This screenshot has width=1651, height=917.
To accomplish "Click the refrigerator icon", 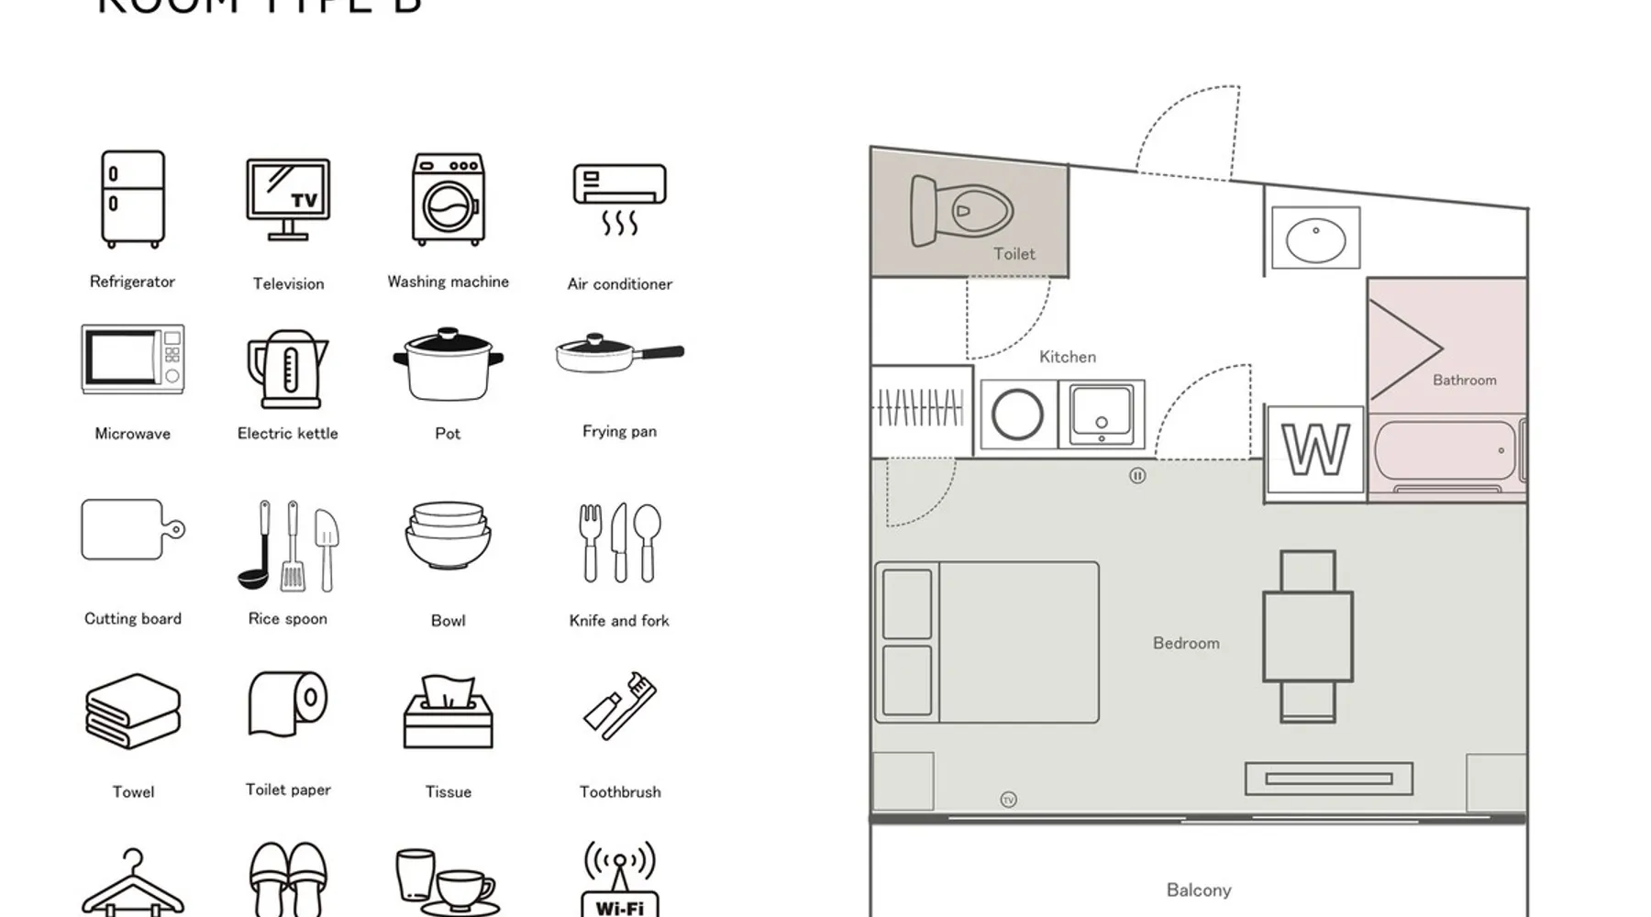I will (133, 199).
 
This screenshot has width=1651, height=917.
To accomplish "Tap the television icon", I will (288, 200).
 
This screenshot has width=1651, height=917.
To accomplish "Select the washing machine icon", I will (448, 199).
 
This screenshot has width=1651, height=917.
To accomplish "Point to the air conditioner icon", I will (619, 197).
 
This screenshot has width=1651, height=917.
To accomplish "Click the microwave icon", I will (133, 359).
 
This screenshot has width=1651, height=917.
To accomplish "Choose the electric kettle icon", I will (287, 369).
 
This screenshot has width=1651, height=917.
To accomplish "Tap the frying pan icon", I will (619, 353).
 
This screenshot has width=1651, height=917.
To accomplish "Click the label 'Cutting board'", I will (133, 619).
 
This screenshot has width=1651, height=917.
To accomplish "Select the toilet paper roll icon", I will (288, 703).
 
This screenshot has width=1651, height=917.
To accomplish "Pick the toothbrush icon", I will (620, 705).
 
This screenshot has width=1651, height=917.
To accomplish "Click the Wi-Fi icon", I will (620, 879).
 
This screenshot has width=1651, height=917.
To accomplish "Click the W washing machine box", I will (1315, 450).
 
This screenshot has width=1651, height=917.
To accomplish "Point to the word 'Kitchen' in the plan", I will (1068, 357).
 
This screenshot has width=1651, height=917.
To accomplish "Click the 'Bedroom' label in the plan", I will (1186, 644).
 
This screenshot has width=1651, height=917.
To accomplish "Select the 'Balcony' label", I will (1199, 890).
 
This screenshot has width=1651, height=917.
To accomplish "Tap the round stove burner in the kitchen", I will (1017, 414).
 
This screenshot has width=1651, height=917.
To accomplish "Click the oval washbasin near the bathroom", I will (1315, 239).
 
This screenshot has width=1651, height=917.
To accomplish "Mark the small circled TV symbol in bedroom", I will (1008, 800).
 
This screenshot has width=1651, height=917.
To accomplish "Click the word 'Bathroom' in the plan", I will (1464, 381).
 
